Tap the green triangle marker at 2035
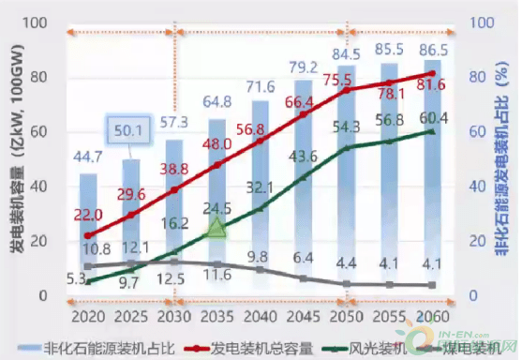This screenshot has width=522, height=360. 216,228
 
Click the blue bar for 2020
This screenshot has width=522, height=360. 88,234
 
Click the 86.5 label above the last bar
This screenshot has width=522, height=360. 431,48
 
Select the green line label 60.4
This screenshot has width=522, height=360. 431,117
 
